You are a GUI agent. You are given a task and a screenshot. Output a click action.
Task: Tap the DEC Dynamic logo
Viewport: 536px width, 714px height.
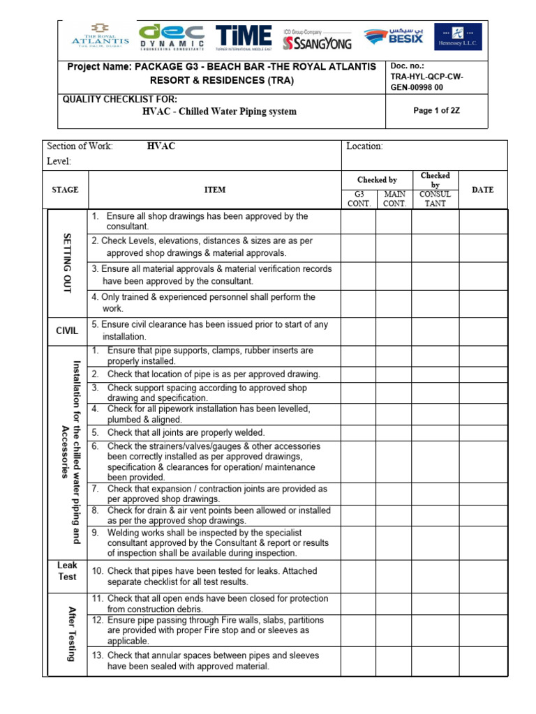coord(172,38)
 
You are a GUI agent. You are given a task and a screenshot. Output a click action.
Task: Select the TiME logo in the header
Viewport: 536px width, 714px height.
coord(244,38)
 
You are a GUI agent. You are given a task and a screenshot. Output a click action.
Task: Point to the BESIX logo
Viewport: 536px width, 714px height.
coord(394,38)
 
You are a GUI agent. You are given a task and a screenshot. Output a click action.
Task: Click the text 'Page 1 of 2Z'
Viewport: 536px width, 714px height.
coord(437,111)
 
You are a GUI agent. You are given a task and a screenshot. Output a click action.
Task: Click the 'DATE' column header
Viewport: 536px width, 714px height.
coord(482,190)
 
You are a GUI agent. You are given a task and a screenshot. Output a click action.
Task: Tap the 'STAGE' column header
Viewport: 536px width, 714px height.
coord(65,190)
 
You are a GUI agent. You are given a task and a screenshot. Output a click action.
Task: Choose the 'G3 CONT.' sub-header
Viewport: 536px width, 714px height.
coord(358,199)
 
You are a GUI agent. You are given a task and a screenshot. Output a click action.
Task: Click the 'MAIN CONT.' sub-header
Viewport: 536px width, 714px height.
coord(394,199)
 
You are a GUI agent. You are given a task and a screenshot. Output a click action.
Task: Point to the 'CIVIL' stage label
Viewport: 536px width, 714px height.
coord(67,331)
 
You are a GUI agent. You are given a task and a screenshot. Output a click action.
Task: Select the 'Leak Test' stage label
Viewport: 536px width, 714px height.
coord(67,571)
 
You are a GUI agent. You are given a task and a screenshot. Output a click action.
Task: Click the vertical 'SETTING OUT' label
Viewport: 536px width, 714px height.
coord(67,263)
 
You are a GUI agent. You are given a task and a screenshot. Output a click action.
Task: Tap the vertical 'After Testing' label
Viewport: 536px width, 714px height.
coord(70,633)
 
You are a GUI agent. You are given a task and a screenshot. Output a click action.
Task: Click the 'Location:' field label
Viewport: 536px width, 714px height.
coord(364,146)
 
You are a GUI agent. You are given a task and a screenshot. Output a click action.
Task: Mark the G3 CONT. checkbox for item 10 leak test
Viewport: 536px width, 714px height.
coord(358,575)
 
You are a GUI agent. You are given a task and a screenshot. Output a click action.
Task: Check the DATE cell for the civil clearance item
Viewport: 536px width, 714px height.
coord(482,331)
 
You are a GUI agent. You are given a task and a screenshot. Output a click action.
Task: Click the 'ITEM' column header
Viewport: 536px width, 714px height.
coord(214,190)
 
